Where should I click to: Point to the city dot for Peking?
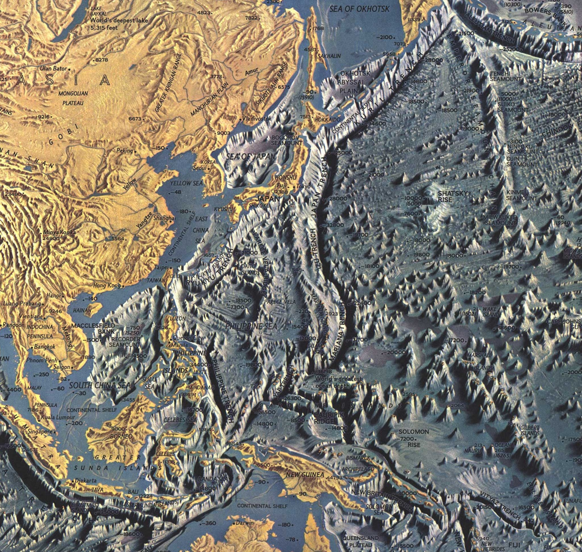point(135,152)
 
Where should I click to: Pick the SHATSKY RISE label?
point(449,196)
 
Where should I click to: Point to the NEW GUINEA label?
point(305,475)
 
